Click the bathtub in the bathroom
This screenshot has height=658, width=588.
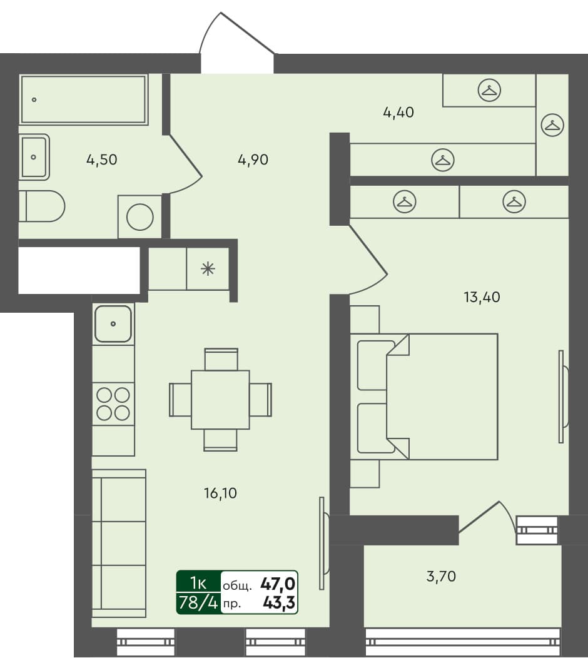point(83,99)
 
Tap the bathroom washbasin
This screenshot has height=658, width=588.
point(34,157)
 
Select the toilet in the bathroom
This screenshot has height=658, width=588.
point(43,206)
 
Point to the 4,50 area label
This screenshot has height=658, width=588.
point(101,159)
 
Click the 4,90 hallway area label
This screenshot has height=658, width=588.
point(253,159)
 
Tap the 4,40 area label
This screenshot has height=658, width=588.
point(398,113)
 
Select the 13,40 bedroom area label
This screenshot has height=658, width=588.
point(482,297)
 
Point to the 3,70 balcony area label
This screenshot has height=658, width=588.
point(441,576)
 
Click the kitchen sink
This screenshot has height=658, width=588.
point(113,324)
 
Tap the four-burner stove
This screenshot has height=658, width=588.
point(113,403)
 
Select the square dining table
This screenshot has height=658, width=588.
point(220,400)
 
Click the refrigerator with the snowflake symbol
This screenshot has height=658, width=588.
point(208,269)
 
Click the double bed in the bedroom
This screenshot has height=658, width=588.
point(432,397)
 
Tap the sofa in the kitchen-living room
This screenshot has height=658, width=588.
point(119,547)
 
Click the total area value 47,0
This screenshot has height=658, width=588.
point(278,585)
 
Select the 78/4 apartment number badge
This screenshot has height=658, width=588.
point(198,604)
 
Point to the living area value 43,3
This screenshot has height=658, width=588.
point(279,604)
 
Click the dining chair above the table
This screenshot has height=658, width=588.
point(221,360)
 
